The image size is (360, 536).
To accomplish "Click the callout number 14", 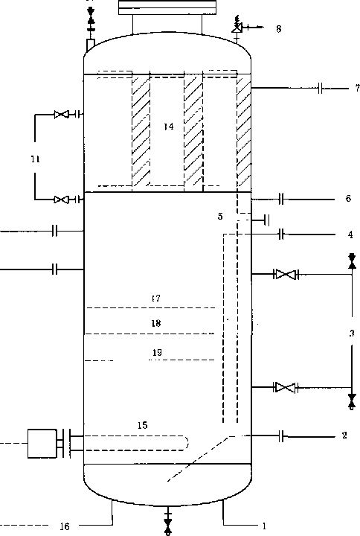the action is [x=169, y=127].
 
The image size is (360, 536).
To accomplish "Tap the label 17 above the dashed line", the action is [x=155, y=299].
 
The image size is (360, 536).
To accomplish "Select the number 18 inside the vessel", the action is [x=156, y=323].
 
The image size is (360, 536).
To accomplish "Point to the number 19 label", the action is [x=157, y=352].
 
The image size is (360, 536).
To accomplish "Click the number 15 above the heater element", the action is [x=143, y=425].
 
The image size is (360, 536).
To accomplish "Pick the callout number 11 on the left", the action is [x=36, y=159].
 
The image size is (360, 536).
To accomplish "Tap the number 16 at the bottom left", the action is [x=65, y=526].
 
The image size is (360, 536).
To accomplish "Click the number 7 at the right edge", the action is [x=356, y=88].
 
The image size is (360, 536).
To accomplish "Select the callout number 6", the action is [x=348, y=198].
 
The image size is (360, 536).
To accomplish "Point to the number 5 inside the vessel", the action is [x=220, y=216].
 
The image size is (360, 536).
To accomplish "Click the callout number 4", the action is [x=350, y=234].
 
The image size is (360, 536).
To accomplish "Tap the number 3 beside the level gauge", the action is [x=352, y=333].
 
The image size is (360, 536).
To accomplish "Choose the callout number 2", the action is [x=344, y=435].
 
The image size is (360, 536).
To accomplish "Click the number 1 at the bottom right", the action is [x=264, y=526].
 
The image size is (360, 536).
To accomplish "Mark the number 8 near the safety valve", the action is [x=279, y=29].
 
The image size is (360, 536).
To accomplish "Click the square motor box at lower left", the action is [x=42, y=444].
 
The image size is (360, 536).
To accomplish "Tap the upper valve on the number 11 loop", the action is [x=62, y=114].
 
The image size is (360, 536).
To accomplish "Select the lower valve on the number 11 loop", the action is [x=62, y=200].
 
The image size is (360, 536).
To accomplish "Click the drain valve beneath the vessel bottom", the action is [x=167, y=524].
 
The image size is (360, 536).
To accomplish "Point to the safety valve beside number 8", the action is [x=237, y=27].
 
